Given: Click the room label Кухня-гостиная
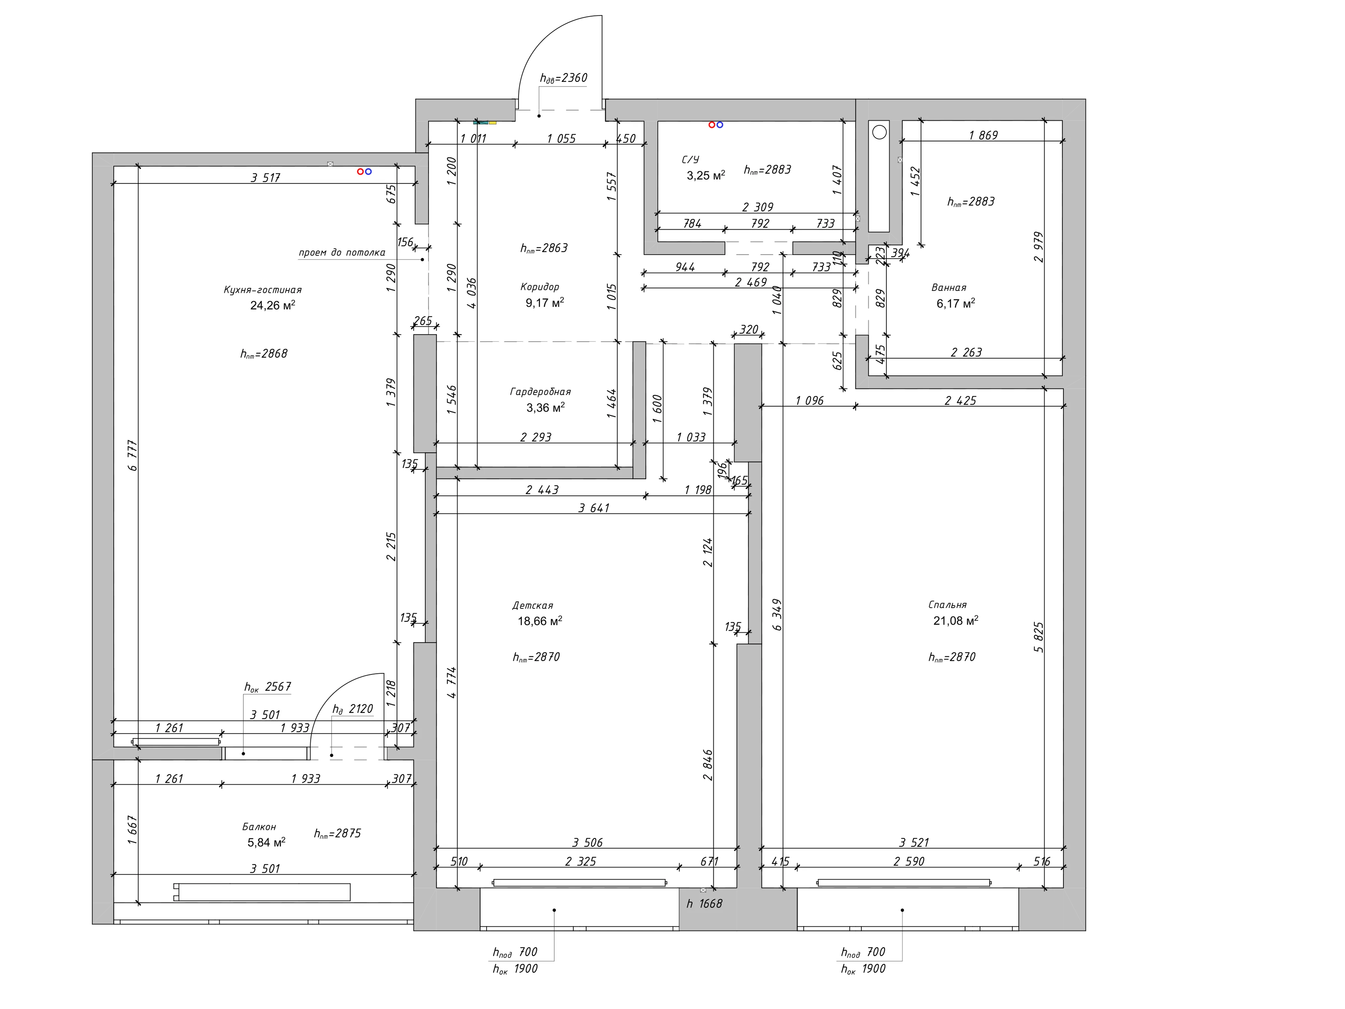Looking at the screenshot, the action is [x=263, y=290].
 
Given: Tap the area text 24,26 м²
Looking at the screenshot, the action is [x=272, y=305].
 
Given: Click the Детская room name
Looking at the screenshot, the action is [x=533, y=606].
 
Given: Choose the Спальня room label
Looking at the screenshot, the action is [x=947, y=605].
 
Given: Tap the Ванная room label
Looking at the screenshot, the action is [x=948, y=288].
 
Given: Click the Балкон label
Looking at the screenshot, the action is [x=259, y=827].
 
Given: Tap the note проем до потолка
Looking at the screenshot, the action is [x=342, y=252].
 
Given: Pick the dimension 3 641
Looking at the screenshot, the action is [x=594, y=508].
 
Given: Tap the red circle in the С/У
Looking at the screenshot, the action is [x=712, y=125].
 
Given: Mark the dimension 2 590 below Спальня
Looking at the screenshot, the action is [x=909, y=862].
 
